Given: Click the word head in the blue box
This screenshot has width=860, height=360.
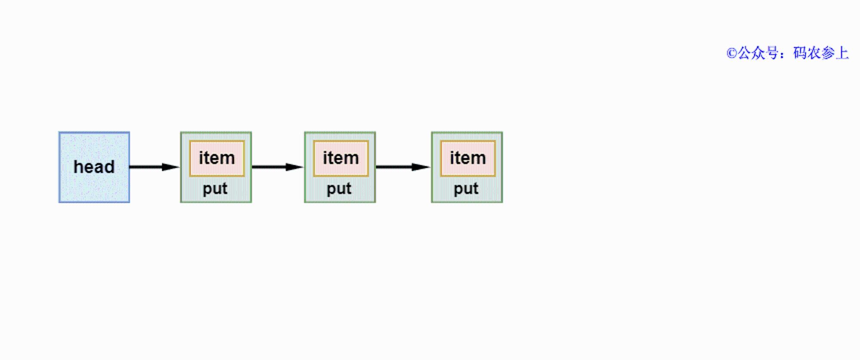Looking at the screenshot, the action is click(x=94, y=167).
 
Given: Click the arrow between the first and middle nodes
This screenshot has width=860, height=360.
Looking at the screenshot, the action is click(x=278, y=167).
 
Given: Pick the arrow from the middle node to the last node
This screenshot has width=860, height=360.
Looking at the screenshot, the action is click(x=403, y=167).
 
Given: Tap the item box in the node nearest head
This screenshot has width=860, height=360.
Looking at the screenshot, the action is click(x=217, y=158).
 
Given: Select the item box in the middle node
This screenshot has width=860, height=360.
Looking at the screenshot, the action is click(x=341, y=158).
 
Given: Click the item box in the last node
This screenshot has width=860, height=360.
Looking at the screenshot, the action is click(x=468, y=158).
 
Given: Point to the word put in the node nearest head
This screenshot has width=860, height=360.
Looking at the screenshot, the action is click(x=215, y=189).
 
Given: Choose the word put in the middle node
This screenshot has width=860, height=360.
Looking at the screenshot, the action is click(x=339, y=189).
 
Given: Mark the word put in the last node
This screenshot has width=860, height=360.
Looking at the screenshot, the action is click(x=466, y=189).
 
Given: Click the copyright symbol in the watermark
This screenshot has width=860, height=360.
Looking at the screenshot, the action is click(x=732, y=53).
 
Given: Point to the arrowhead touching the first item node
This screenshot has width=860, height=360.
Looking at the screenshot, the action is click(x=171, y=167).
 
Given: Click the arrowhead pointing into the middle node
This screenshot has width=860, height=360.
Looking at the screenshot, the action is click(x=295, y=167).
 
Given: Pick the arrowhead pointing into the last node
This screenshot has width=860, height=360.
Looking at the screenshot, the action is click(x=421, y=167).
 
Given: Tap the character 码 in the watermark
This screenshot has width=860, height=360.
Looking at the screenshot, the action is click(x=800, y=53).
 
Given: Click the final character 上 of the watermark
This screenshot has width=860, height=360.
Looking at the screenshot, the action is click(x=842, y=53).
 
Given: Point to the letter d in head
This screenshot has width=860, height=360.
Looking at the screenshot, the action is click(x=109, y=167).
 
